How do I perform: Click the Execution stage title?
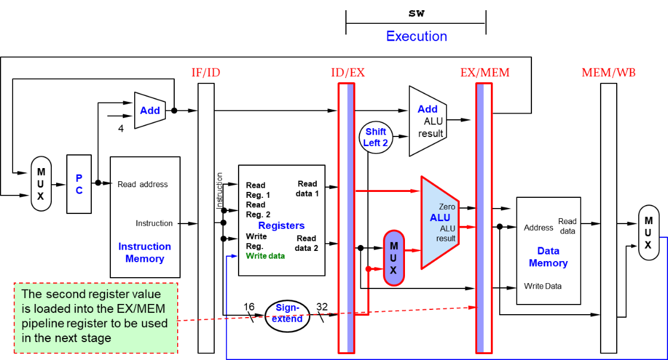[x=416, y=36]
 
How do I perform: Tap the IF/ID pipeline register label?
[x=205, y=73]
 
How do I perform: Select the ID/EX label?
[x=348, y=73]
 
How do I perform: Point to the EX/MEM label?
[x=485, y=73]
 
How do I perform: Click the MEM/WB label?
[x=608, y=73]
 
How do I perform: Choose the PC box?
[x=79, y=184]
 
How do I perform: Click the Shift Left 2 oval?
[x=376, y=137]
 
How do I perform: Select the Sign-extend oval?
[x=288, y=314]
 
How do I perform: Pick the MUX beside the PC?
[x=41, y=184]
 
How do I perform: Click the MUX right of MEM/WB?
[x=648, y=232]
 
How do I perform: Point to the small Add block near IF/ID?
[x=150, y=110]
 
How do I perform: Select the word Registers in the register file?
[x=281, y=225]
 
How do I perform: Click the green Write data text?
[x=265, y=256]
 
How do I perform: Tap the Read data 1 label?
[x=307, y=188]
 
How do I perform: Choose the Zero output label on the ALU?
[x=447, y=207]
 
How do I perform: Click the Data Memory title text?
[x=548, y=257]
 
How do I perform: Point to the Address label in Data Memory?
[x=539, y=228]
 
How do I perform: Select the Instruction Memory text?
[x=144, y=253]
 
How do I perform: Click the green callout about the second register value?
[x=96, y=316]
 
